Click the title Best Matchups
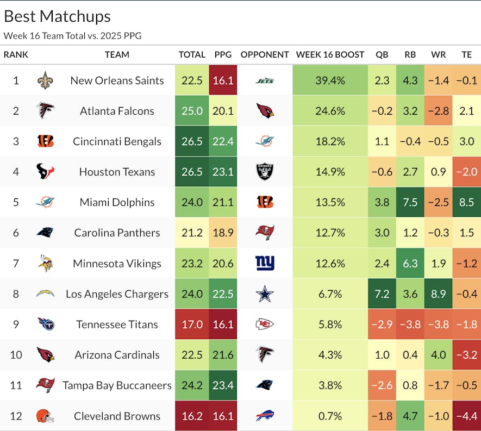coord(57,16)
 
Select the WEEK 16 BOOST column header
coord(330,54)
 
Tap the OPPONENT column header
coord(265,54)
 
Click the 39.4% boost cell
coord(330,80)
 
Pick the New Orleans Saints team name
coord(117,80)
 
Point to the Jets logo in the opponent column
coord(265,81)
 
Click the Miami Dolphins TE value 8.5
coord(466,202)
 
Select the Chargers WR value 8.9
coord(438,294)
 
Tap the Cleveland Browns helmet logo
coord(46,416)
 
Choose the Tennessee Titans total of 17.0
coord(192,324)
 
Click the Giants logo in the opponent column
coord(265,264)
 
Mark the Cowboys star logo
coord(265,294)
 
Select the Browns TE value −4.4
coord(466,416)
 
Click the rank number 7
coord(16,264)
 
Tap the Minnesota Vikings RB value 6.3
coord(410,264)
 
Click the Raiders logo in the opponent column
coord(265,172)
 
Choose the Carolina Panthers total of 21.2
coord(192,233)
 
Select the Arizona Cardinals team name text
coord(117,355)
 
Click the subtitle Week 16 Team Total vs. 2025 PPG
coord(73,36)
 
